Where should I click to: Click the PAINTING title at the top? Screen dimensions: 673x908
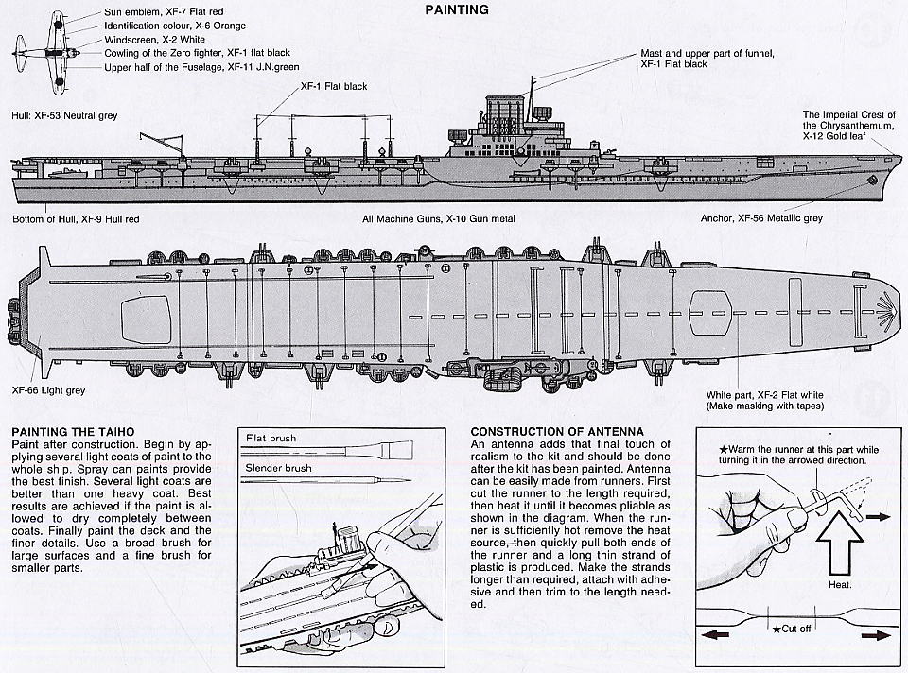[457, 10]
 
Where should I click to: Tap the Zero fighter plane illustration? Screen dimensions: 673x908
[40, 48]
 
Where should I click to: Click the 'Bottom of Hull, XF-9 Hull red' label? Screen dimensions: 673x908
[76, 219]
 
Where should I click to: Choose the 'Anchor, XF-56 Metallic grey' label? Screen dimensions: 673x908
[760, 218]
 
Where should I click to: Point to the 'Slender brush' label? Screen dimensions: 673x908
[277, 469]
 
